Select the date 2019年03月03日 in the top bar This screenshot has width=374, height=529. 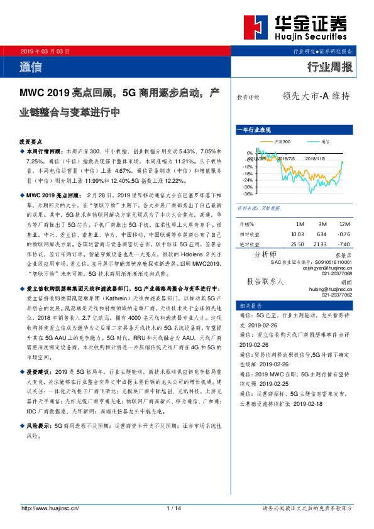[45, 50]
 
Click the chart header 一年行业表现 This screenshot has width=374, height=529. [254, 129]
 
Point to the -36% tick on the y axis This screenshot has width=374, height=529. [249, 195]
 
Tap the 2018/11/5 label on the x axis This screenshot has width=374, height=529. [316, 160]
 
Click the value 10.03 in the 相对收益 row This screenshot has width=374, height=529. [299, 234]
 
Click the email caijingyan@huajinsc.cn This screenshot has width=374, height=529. [331, 266]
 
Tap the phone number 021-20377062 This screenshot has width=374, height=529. [336, 295]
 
